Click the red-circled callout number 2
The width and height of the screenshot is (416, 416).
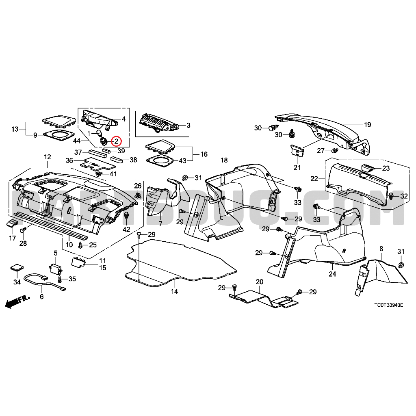coord(116,141)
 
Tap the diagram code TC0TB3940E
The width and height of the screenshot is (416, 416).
coord(388,305)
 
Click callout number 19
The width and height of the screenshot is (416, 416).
coord(367,124)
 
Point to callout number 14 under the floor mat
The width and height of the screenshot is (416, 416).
coord(174,291)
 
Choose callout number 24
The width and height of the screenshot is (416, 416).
coord(332,274)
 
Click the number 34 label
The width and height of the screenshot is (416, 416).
coord(17,282)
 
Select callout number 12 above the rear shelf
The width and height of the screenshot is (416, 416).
coord(48,156)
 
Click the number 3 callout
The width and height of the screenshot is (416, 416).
coord(188,126)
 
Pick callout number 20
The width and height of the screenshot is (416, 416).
coord(260,282)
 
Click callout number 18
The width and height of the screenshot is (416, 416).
coord(224,160)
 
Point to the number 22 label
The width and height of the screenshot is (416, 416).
coord(314,179)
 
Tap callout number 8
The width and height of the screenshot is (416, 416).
coord(381,248)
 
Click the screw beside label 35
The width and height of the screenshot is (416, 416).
coord(60,279)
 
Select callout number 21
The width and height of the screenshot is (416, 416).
coord(297,167)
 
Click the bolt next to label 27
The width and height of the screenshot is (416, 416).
coord(335,151)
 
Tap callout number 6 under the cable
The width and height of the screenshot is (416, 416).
coord(41,297)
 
